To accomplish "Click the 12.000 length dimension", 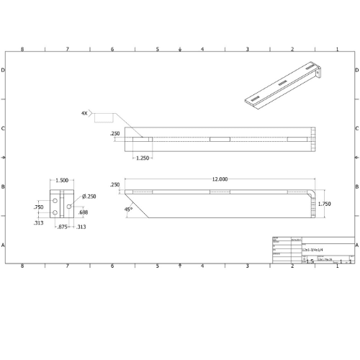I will pos(220,179).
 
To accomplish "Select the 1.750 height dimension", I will pos(324,204).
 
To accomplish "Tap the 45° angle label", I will pos(129,210).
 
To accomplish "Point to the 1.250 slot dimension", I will pos(142,158).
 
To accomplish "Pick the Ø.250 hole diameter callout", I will pos(90,196).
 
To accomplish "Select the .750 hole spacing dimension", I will pos(38,207).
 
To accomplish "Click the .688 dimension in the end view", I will pos(84,212).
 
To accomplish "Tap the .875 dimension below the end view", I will pos(63,227).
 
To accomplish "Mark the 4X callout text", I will pos(85,114).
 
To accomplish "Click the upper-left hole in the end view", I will pos(55,199).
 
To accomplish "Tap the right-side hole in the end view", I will pos(68,207).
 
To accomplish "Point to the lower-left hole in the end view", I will pos(55,213).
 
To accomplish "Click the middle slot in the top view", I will pos(220,139).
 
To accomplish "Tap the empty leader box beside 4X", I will pos(104,116).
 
